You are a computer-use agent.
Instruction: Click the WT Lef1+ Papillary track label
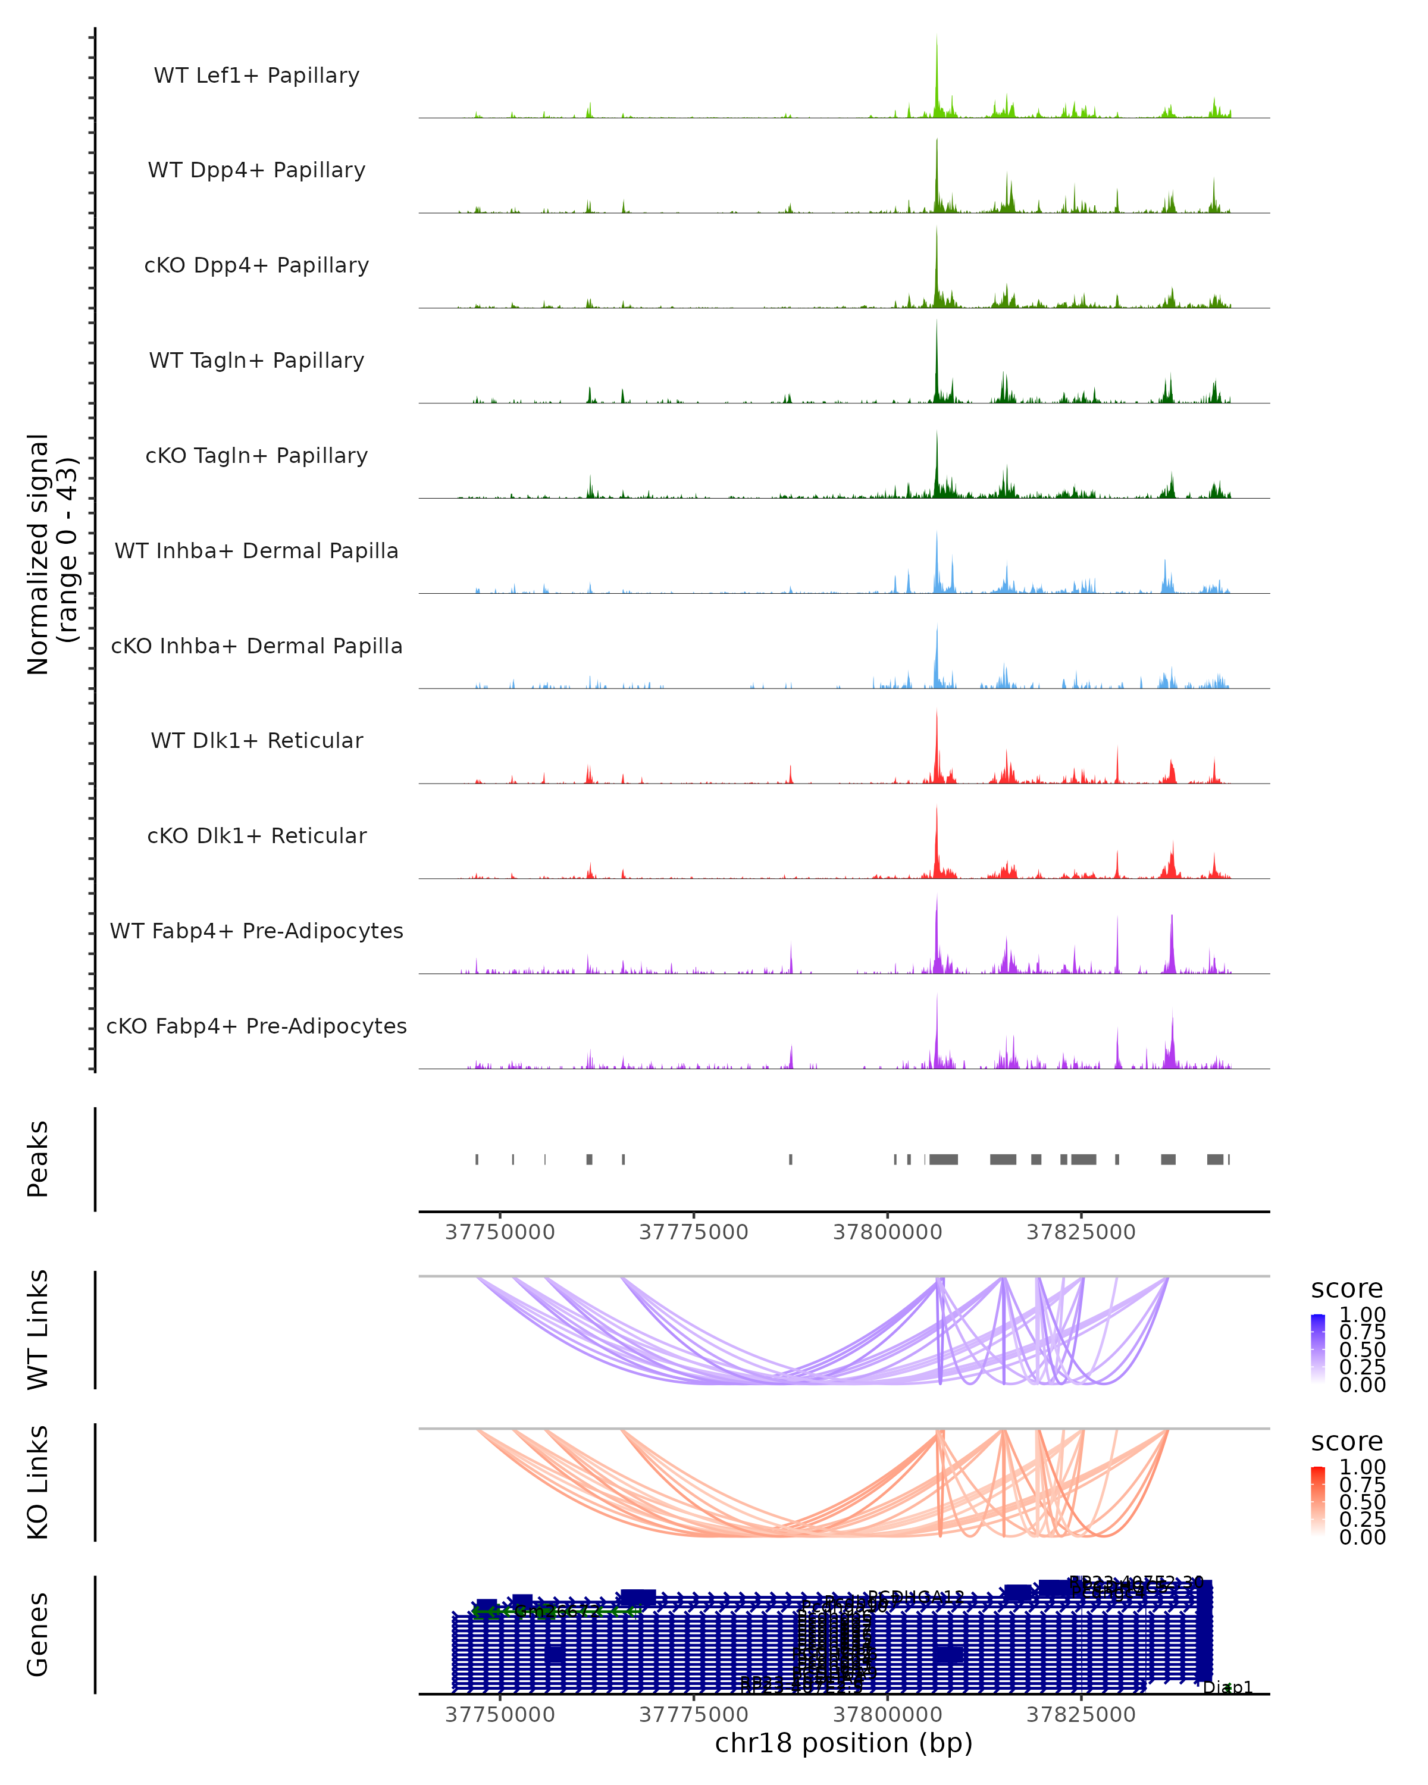pos(256,76)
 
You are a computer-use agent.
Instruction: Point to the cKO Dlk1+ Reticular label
pos(256,835)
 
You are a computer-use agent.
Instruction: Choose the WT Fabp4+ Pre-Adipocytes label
pos(256,931)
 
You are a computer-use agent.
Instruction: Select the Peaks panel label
pos(37,1159)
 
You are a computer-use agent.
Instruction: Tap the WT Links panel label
pos(37,1330)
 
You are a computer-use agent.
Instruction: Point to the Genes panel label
pos(37,1634)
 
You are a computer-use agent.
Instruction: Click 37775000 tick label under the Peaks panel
pos(693,1232)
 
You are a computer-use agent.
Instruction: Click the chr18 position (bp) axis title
pos(844,1743)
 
